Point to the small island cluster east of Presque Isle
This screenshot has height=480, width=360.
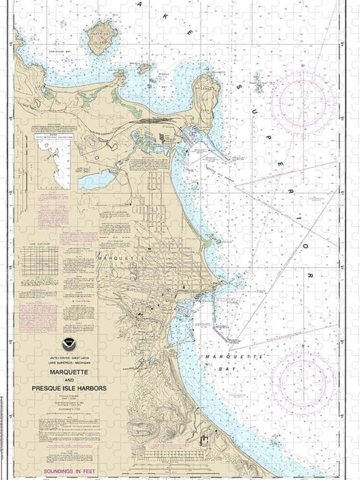pyautogui.click(x=258, y=84)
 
